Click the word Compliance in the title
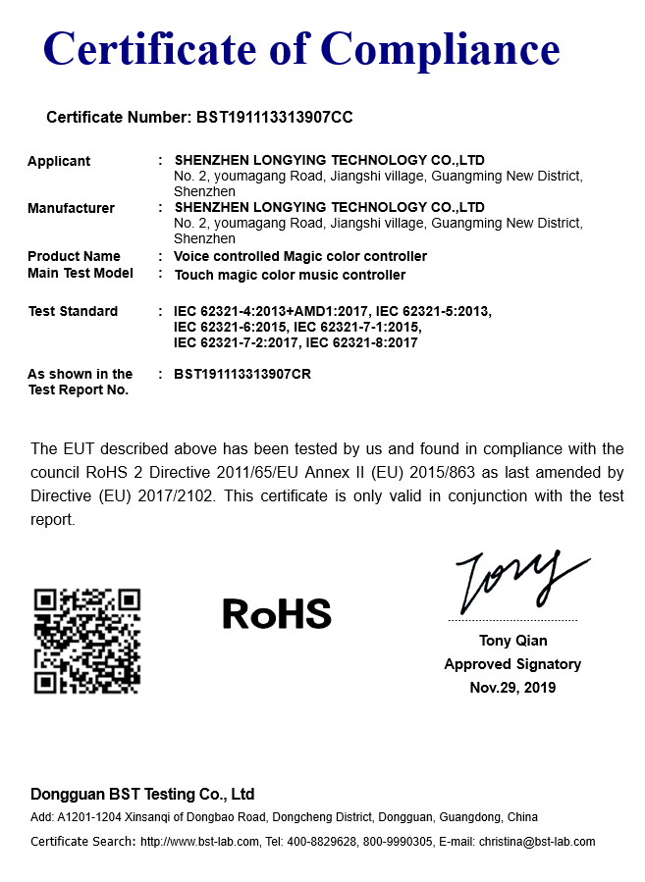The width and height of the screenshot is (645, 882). click(442, 48)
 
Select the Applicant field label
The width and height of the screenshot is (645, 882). click(59, 161)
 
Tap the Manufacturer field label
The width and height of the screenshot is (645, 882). click(71, 208)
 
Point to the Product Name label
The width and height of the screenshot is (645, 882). click(74, 256)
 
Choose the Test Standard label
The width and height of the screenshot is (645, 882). click(73, 311)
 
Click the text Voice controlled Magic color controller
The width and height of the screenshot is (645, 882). click(300, 256)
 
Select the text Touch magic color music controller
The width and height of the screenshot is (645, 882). click(290, 275)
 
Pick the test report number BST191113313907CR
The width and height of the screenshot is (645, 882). click(242, 374)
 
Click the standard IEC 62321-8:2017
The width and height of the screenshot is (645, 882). click(362, 342)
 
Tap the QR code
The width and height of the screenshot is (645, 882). click(87, 641)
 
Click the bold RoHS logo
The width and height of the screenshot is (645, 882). click(277, 613)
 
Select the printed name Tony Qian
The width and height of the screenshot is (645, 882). click(511, 642)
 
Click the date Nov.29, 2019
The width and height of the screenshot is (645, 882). click(512, 688)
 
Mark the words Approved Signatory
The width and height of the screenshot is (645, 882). click(512, 664)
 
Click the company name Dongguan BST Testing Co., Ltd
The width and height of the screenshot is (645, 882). click(142, 794)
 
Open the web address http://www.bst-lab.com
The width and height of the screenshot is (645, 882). click(200, 842)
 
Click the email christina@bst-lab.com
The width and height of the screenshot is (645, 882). click(537, 842)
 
